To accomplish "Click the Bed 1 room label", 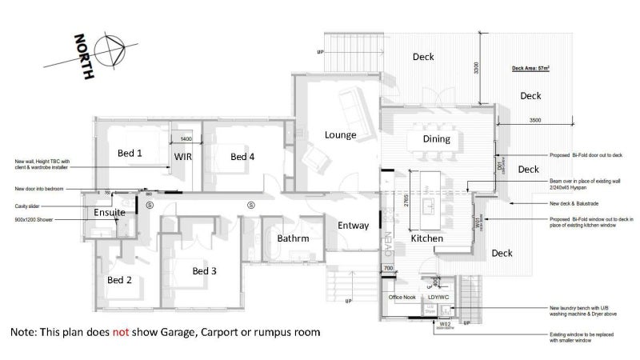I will point(130,153).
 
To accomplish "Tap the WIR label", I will point(184,157).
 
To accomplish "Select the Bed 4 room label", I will point(242,157).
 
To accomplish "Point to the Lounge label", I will point(340,134).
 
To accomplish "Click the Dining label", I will point(437,139).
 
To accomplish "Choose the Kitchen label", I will point(427,238).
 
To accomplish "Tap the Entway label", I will point(353,226).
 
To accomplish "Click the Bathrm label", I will point(293,238).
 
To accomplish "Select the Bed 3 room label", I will point(205,271).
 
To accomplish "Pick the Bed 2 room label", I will point(120,280).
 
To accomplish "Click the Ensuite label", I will point(109,213).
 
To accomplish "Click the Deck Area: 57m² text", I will point(530,69).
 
